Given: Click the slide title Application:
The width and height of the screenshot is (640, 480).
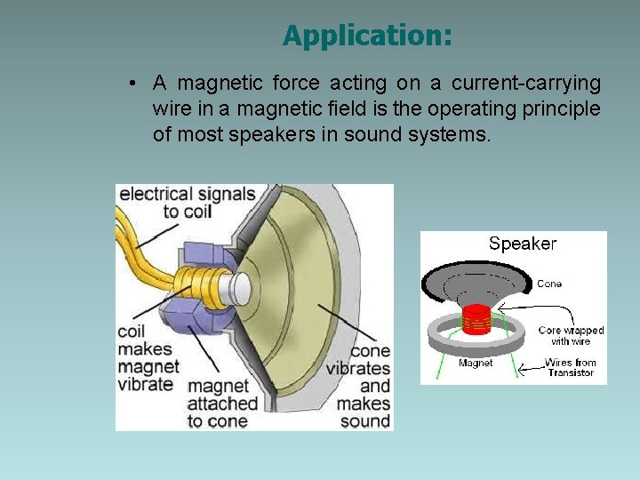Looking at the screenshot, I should (367, 36).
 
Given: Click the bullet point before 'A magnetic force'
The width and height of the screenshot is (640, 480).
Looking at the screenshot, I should (131, 84).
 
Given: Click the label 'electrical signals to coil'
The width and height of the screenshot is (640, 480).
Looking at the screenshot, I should (187, 203).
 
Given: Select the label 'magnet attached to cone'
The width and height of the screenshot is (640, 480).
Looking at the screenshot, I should (223, 403).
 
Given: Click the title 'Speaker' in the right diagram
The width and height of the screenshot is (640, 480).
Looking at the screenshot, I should (523, 244).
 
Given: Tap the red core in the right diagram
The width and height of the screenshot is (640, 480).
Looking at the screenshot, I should (478, 318).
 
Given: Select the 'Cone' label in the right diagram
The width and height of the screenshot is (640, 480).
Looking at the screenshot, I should (549, 284).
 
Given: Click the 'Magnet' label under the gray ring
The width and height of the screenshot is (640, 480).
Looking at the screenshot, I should (476, 363).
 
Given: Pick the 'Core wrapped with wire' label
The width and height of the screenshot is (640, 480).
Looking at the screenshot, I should (571, 336).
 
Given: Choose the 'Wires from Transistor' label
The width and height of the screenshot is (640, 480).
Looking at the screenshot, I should (571, 367).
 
